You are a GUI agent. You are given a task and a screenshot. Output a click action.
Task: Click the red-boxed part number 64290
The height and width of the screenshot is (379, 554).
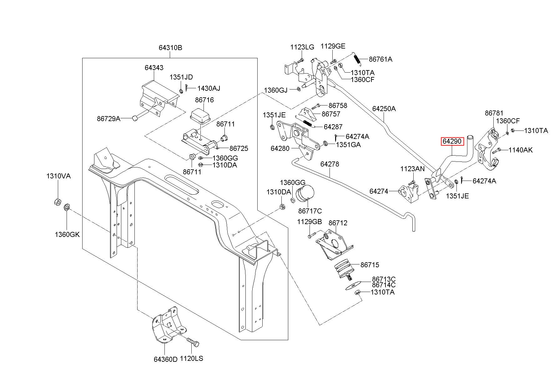(x=452, y=141)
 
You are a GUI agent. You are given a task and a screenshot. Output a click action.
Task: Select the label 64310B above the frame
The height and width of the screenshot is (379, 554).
(x=170, y=48)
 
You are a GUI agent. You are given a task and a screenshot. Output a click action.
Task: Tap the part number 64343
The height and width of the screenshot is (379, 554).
(x=154, y=68)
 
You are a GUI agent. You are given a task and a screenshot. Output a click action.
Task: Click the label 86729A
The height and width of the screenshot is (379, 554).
(x=108, y=119)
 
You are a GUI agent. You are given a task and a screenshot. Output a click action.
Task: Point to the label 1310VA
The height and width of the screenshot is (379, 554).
(x=58, y=176)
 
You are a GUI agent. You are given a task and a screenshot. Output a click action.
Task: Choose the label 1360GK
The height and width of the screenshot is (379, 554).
(x=67, y=234)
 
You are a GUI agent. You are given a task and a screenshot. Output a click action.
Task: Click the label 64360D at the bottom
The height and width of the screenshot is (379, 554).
(x=165, y=359)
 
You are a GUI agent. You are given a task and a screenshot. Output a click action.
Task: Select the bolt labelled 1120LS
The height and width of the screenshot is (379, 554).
(x=193, y=344)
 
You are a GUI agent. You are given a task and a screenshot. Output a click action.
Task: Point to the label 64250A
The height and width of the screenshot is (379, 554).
(x=384, y=109)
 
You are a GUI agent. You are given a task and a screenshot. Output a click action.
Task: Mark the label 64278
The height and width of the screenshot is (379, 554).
(x=330, y=164)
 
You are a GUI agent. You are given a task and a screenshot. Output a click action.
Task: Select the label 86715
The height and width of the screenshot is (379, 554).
(x=370, y=265)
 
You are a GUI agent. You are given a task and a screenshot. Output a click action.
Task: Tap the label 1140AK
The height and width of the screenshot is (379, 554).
(x=521, y=150)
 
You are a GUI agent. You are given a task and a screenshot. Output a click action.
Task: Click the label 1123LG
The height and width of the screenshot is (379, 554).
(x=302, y=47)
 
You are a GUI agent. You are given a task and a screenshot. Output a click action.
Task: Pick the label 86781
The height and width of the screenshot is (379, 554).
(x=494, y=113)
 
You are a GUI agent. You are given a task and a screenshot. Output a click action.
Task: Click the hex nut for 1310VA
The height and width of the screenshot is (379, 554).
(x=57, y=202)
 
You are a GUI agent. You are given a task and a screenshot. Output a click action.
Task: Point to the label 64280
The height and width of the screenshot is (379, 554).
(x=280, y=148)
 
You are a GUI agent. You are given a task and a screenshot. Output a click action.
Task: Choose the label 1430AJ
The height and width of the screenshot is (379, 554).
(x=209, y=88)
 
